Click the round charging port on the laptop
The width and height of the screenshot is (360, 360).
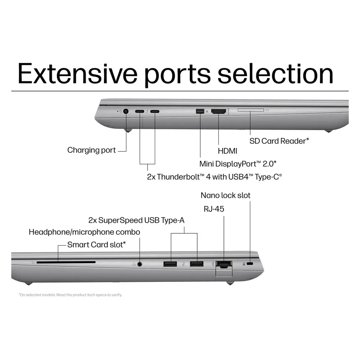pos(126,111)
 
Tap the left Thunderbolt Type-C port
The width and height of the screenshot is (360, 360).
pos(140,111)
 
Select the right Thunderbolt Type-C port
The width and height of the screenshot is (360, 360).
pos(155,111)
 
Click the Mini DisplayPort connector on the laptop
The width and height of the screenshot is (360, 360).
pos(200,111)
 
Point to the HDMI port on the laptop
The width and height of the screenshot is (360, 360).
pos(219,111)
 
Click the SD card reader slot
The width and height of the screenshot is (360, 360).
pos(251,110)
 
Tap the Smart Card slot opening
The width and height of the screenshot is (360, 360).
pos(66,262)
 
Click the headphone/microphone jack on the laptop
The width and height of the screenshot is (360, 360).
pos(140,264)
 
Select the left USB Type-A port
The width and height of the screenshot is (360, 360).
pos(170,264)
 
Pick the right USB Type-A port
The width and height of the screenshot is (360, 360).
pos(197,264)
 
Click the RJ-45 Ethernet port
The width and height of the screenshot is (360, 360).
pos(224,265)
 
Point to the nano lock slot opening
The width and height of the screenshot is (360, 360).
pos(250,264)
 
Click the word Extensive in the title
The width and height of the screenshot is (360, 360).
pos(77,74)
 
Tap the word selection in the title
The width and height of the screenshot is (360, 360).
pos(275,74)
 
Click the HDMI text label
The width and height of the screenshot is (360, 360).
pos(227,151)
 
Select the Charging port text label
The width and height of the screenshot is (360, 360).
pos(91,150)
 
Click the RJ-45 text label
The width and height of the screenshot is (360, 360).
pos(214,209)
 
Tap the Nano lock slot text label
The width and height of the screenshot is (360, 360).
pos(225,195)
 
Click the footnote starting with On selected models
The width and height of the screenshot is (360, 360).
pos(70,295)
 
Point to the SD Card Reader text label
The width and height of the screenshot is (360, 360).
pos(279,141)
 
